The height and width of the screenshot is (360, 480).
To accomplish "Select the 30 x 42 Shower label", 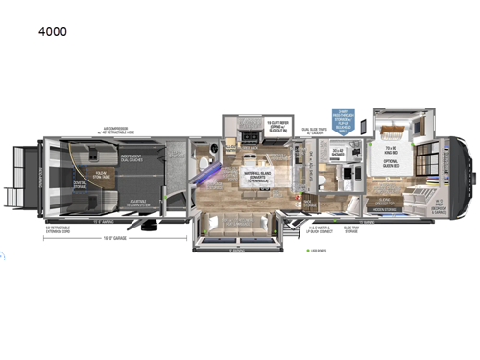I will pos(338,152).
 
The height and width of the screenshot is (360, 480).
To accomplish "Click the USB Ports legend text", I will pos(315,251).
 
